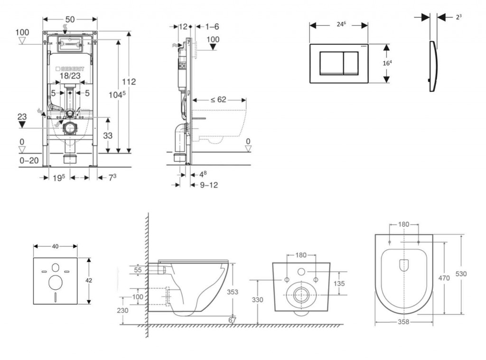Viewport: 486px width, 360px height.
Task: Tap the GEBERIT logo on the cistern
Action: pos(71,67)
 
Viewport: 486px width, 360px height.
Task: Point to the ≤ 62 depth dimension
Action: pos(219,100)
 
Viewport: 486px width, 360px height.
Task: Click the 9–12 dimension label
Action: pos(208,185)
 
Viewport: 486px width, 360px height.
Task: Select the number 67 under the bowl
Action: pos(232,320)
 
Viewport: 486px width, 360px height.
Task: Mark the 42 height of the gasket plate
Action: pos(89,280)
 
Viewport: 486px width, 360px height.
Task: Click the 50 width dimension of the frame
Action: pos(70,19)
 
